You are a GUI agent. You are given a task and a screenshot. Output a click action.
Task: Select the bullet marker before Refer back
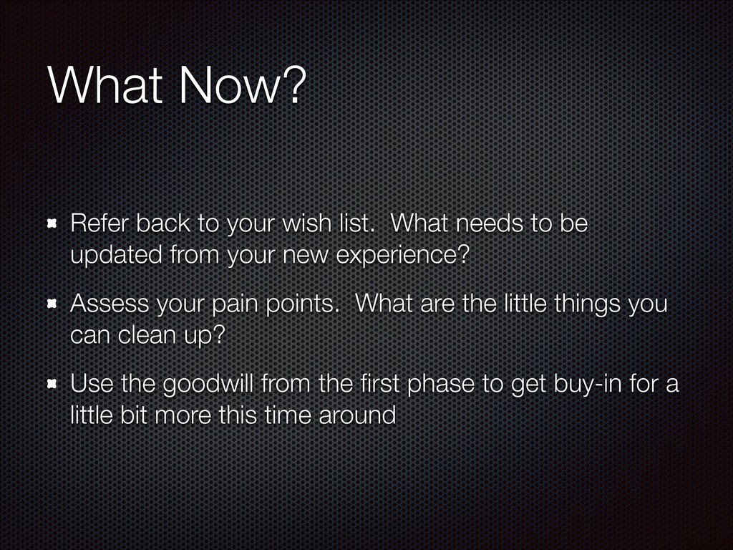(52, 223)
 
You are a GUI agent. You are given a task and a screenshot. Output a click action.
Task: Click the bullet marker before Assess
(52, 304)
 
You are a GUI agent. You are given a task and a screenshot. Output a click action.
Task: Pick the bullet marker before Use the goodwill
(52, 384)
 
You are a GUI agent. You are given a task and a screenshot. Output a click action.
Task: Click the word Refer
(99, 223)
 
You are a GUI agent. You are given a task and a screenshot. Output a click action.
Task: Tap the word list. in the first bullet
(358, 223)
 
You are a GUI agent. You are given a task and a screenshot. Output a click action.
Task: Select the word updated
(117, 256)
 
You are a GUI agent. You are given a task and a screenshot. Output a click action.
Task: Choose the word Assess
(110, 304)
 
